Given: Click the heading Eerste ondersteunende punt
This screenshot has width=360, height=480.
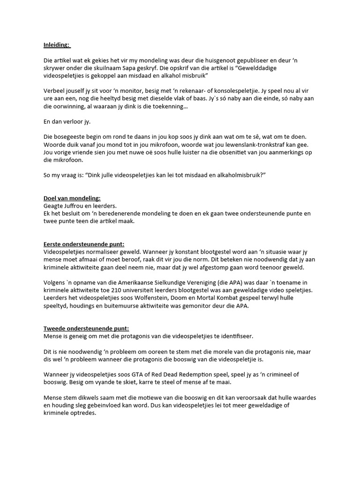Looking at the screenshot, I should [81, 244].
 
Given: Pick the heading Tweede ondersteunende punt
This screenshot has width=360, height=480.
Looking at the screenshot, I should [83, 328].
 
